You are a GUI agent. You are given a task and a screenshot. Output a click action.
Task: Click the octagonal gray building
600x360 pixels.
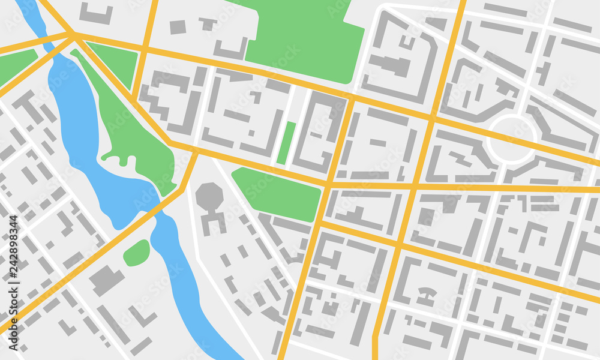[209, 196]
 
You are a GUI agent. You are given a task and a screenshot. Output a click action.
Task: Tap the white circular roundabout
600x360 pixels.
[511, 139]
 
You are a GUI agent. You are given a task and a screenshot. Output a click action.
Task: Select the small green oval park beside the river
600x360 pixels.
[137, 253]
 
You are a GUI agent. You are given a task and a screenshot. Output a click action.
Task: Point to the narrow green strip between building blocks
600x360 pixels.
[287, 143]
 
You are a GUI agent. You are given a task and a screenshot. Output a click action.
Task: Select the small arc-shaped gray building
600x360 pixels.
[427, 292]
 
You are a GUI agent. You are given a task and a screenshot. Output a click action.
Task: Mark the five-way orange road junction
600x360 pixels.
[75, 37]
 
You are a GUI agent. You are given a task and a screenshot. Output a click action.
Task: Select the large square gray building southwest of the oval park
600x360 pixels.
[107, 280]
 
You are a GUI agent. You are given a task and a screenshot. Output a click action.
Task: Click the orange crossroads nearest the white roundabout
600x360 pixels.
[431, 119]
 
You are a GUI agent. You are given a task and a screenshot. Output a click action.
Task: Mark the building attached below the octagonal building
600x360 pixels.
[214, 222]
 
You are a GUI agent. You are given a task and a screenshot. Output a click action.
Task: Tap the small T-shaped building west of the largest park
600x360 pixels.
[208, 24]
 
